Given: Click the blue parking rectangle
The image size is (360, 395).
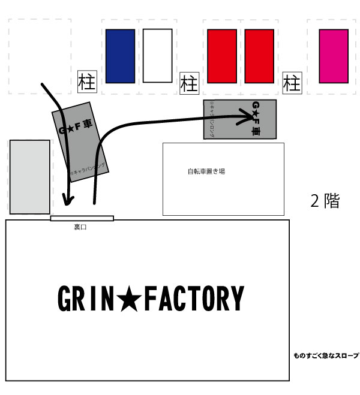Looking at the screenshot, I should coord(120,56).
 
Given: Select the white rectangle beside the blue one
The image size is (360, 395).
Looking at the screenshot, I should coord(158,56).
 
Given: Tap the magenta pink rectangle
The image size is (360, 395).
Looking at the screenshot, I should coord(334,56).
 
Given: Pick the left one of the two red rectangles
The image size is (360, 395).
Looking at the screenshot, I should coord(221,56).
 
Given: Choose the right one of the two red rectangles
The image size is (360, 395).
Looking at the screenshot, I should coord(259,56).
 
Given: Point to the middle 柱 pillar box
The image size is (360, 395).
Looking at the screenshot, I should coord(189,82).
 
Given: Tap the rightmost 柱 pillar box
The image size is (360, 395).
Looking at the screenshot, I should coord(292,82).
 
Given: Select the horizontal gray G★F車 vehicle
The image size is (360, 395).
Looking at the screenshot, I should coord(240,120).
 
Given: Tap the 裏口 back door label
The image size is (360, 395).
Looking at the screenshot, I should coord(80,227).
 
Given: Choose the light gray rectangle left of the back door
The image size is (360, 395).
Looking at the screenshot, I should coord(29,177).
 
